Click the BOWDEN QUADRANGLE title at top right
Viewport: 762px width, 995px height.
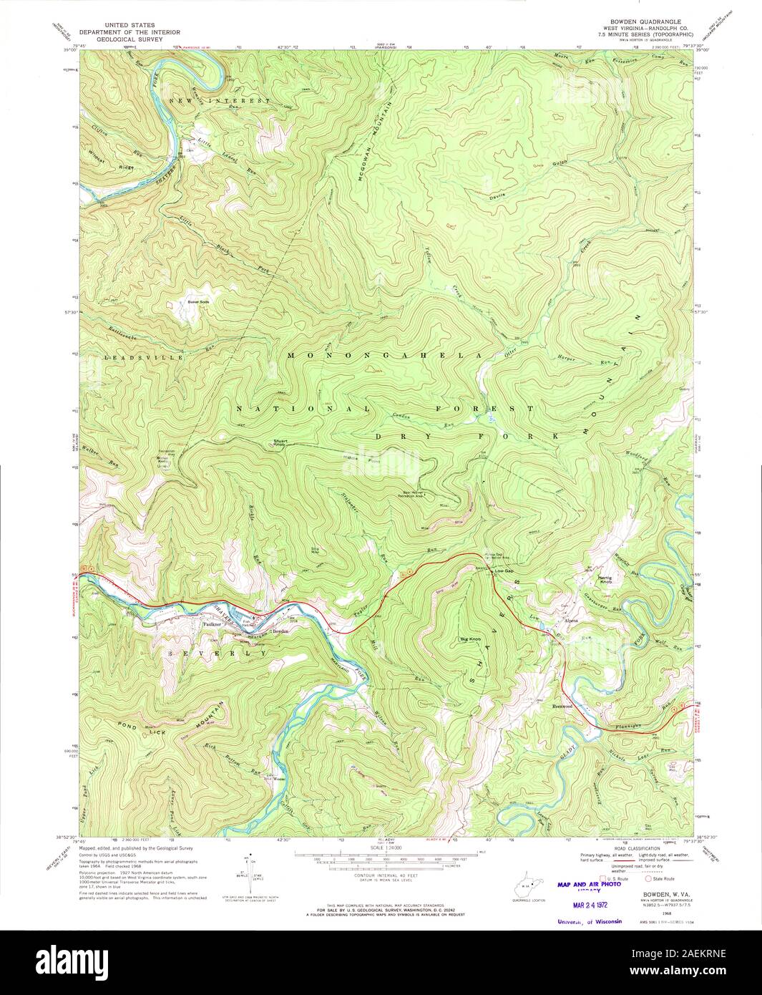coord(640,22)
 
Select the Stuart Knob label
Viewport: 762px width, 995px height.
coord(278,442)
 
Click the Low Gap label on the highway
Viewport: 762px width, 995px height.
coord(504,571)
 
